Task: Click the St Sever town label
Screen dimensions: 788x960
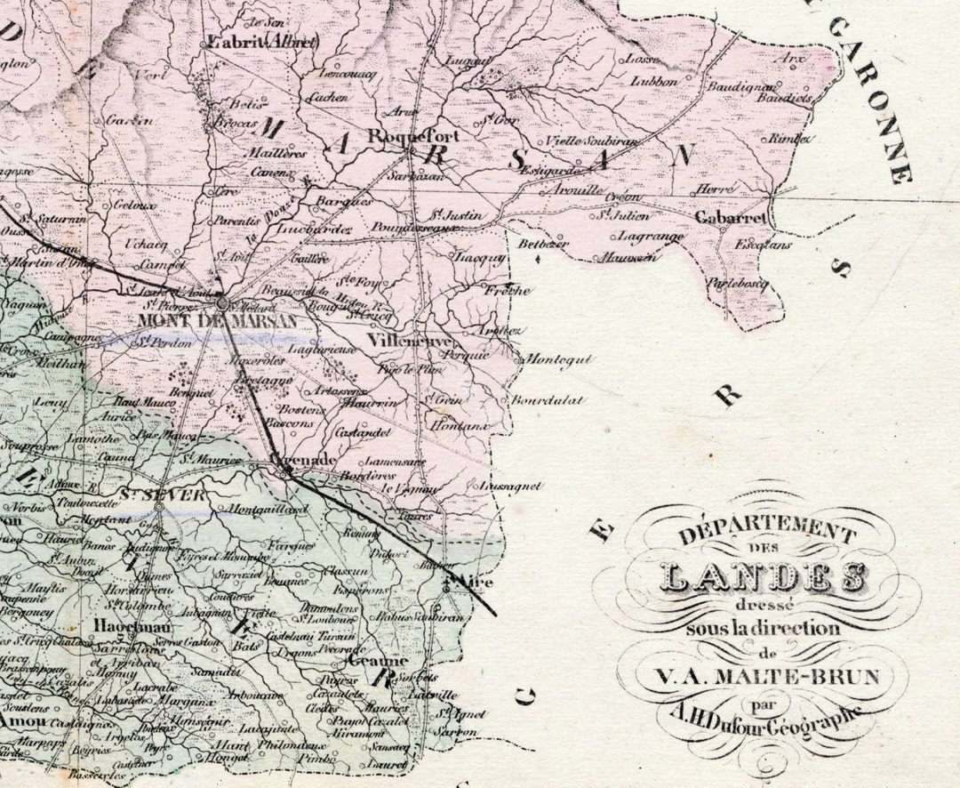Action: tap(163, 495)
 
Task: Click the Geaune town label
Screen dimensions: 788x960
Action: tap(377, 662)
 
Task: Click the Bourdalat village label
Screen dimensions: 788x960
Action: tap(547, 400)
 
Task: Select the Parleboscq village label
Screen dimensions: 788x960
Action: tap(737, 284)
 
